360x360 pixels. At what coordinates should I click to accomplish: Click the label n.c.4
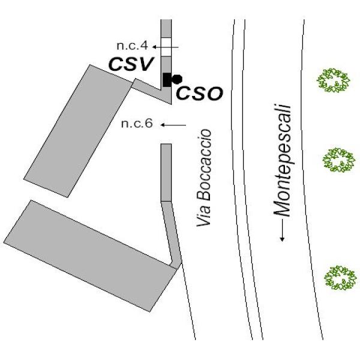[132, 46]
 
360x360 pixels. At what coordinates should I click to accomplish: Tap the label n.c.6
[137, 124]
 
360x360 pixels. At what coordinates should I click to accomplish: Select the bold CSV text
[131, 64]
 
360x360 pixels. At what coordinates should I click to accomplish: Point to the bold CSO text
[200, 94]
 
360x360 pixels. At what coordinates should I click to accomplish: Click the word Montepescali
[282, 161]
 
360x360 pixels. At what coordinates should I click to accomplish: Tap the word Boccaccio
[203, 165]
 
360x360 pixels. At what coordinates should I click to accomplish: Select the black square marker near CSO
[167, 80]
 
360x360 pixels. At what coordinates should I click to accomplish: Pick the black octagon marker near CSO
[177, 79]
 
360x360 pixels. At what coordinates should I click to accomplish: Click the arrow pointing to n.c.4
[166, 47]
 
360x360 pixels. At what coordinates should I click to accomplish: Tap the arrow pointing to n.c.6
[173, 125]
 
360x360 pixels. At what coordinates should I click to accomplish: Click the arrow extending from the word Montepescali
[283, 230]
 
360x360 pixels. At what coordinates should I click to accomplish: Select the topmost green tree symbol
[333, 80]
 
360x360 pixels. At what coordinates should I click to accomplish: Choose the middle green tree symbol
[338, 160]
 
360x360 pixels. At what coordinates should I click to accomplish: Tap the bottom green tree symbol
[340, 278]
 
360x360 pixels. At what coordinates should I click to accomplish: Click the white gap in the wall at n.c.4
[166, 47]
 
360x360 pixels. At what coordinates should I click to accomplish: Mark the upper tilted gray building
[78, 131]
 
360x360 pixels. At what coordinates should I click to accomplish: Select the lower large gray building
[90, 256]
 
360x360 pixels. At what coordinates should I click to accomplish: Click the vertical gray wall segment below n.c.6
[166, 173]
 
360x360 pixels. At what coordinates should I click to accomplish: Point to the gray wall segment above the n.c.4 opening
[166, 28]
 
